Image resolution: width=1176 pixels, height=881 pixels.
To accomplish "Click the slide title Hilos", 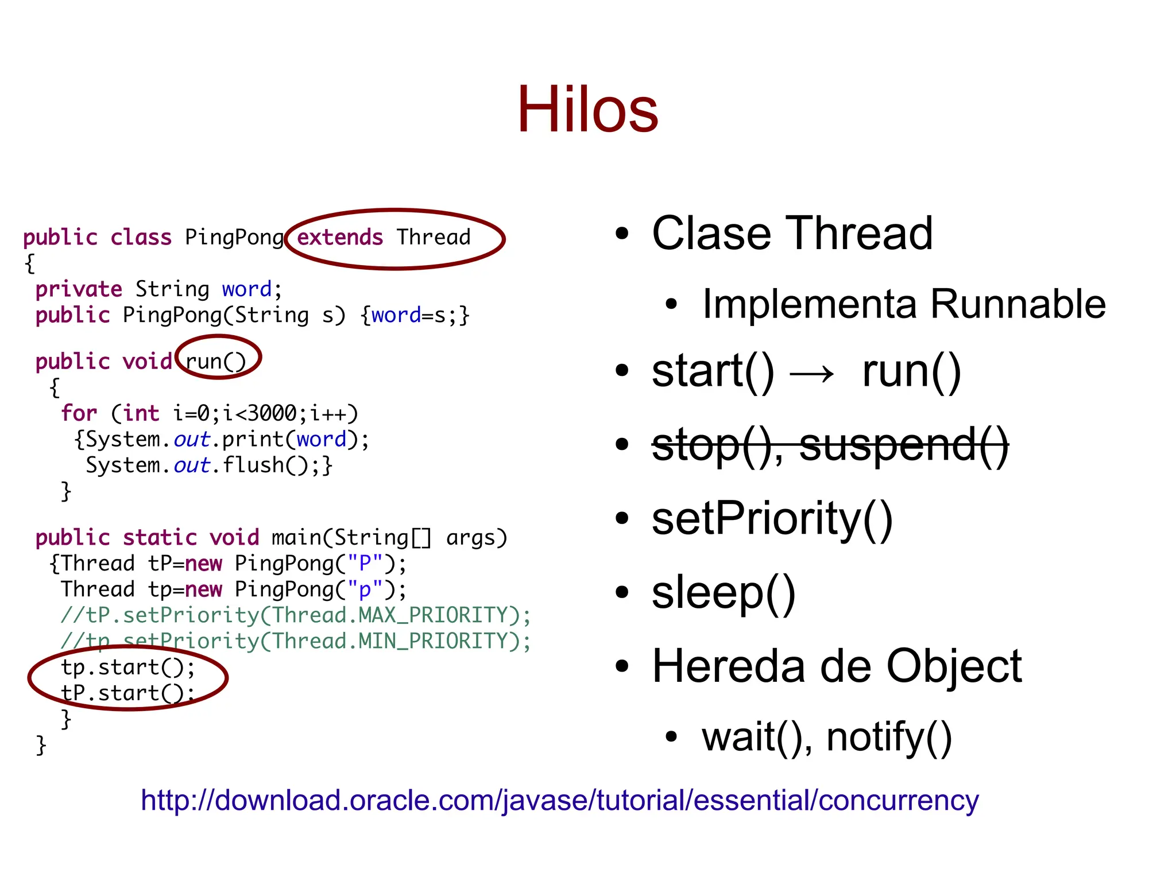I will [587, 109].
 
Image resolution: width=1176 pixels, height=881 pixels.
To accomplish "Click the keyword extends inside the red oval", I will [339, 237].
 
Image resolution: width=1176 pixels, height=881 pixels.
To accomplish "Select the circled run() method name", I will [216, 361].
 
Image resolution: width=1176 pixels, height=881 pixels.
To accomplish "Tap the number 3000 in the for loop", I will [272, 413].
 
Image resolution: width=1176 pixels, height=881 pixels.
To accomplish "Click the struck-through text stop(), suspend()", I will [830, 445].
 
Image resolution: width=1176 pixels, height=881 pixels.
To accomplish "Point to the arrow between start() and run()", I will [812, 374].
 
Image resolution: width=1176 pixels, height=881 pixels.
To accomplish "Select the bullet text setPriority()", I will [772, 518].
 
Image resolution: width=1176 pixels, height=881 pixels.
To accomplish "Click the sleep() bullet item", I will [724, 592].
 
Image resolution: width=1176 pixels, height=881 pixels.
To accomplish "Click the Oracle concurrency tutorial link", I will [559, 800].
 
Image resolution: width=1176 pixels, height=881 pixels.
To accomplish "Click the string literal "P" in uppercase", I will [365, 564].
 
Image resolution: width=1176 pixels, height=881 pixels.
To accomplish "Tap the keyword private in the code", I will [79, 289].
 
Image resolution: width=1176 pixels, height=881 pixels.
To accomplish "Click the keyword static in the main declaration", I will [160, 538].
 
